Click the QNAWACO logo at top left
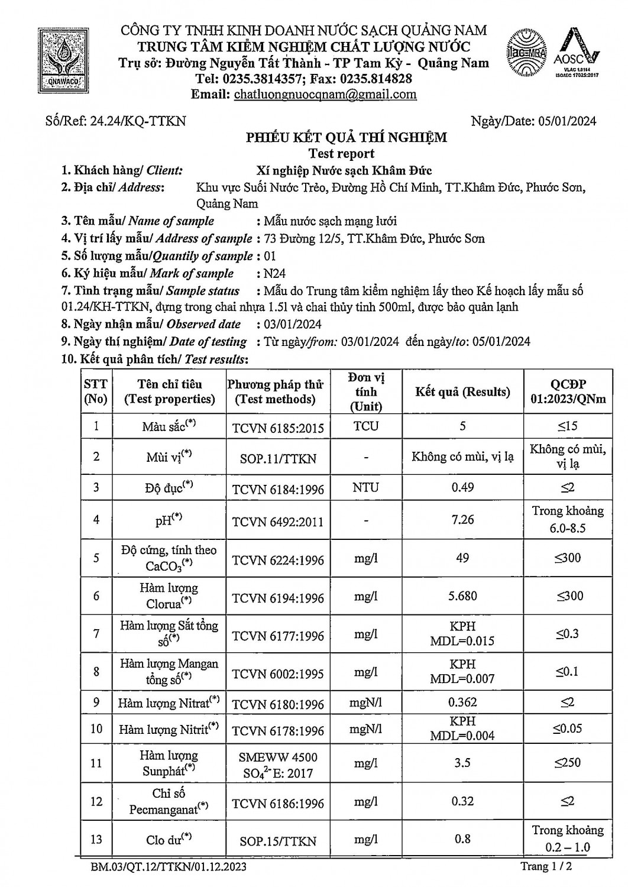click(x=62, y=57)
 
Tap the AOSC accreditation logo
click(x=576, y=54)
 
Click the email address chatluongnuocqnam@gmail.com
click(x=325, y=95)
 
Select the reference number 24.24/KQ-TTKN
click(x=137, y=121)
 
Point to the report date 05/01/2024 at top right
click(x=568, y=121)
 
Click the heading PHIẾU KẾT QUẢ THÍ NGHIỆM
click(x=347, y=138)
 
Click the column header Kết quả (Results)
click(x=462, y=391)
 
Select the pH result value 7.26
click(x=462, y=519)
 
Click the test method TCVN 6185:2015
click(x=278, y=427)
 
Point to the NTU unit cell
click(x=366, y=488)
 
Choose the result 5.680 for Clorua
click(x=462, y=595)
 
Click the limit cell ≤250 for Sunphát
click(x=568, y=763)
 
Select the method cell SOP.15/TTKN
click(x=278, y=840)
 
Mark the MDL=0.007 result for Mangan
click(x=462, y=679)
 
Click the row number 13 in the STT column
click(x=96, y=839)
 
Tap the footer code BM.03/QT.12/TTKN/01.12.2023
click(x=169, y=867)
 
